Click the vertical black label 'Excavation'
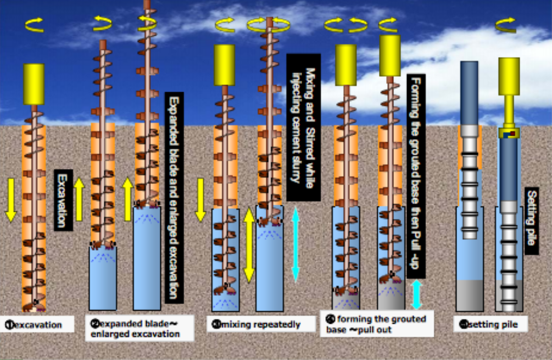coord(63,199)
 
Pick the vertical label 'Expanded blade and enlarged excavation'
coord(174,198)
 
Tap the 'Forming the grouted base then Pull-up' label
coord(416,176)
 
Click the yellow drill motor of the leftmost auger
coord(34,84)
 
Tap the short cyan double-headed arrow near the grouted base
coord(416,295)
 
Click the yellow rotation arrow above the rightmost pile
coord(505,24)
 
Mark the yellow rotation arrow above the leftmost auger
coord(35,24)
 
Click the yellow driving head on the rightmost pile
coord(509,77)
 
